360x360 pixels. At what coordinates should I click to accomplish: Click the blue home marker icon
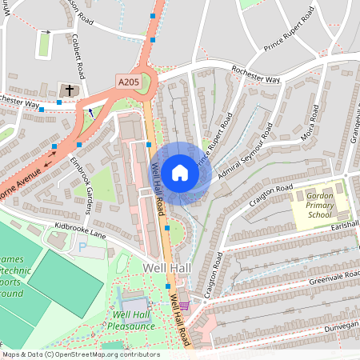coord(180,171)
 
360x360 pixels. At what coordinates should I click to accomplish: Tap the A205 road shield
coord(129,82)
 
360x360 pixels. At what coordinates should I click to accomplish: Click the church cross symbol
coord(70,90)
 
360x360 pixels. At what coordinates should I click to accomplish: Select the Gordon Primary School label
coord(318,205)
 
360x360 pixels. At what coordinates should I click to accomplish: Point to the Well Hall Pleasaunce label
coord(134,320)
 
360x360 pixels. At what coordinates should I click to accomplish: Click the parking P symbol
coord(82,249)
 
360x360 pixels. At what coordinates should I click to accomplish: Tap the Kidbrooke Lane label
coord(80,232)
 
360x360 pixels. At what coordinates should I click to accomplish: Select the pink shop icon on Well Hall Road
coord(185,305)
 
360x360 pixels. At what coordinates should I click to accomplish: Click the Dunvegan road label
coord(340,328)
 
